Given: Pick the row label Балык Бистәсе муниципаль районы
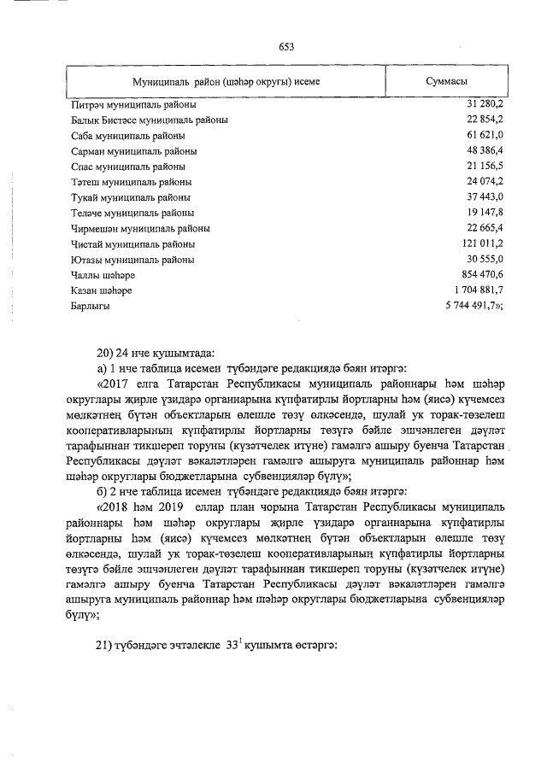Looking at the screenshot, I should coord(149,120).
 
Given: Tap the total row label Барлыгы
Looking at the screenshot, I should coord(90,306).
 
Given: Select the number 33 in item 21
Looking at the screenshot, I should coord(233,646).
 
